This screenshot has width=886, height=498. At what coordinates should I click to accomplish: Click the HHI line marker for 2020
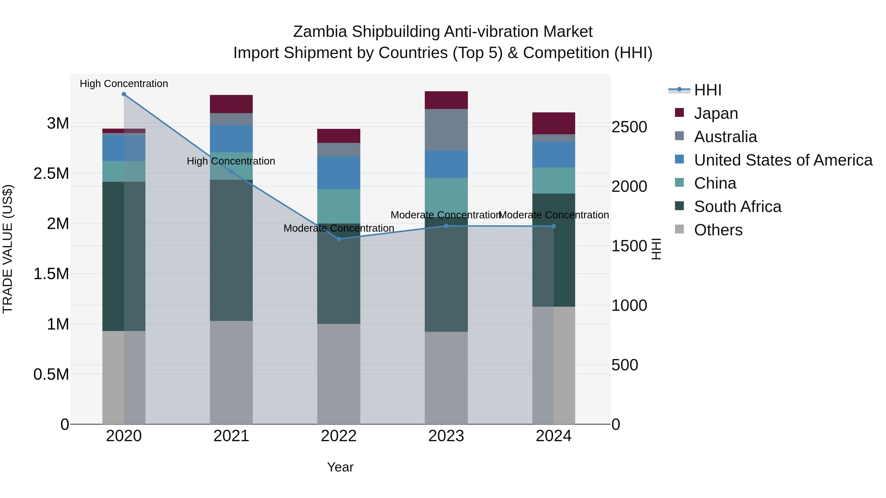click(124, 94)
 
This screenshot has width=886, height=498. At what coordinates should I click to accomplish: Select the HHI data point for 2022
click(339, 239)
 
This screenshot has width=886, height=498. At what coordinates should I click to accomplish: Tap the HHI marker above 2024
click(554, 226)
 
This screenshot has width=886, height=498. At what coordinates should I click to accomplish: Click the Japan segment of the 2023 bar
click(446, 100)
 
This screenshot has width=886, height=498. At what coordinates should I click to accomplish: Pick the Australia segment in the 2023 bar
click(446, 130)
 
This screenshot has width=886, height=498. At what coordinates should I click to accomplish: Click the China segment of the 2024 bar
click(554, 181)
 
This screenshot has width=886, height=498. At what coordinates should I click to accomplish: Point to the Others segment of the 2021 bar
click(231, 372)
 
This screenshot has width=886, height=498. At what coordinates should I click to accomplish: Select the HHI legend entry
click(708, 90)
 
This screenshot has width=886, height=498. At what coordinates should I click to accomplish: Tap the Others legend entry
click(718, 230)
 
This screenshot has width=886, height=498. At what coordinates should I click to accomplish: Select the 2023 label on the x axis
click(446, 436)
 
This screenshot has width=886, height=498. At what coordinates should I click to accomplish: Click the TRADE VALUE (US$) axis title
click(8, 249)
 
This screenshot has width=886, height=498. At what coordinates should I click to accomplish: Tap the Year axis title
click(340, 467)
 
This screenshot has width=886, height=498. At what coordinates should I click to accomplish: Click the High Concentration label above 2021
click(231, 161)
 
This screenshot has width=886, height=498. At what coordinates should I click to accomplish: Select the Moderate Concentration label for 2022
click(339, 228)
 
